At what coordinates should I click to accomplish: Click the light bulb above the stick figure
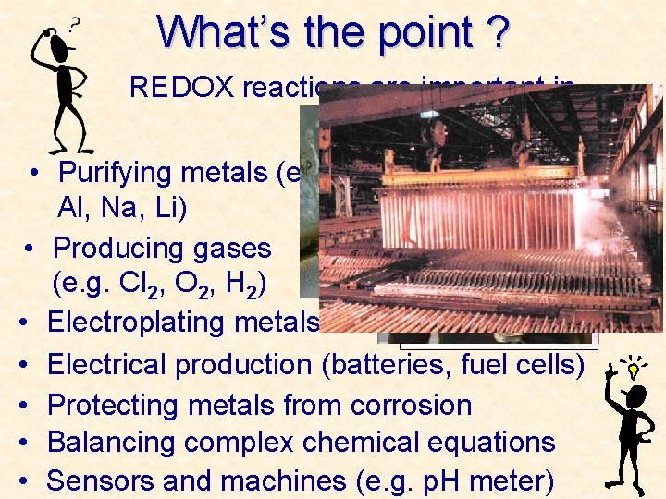point(633,369)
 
